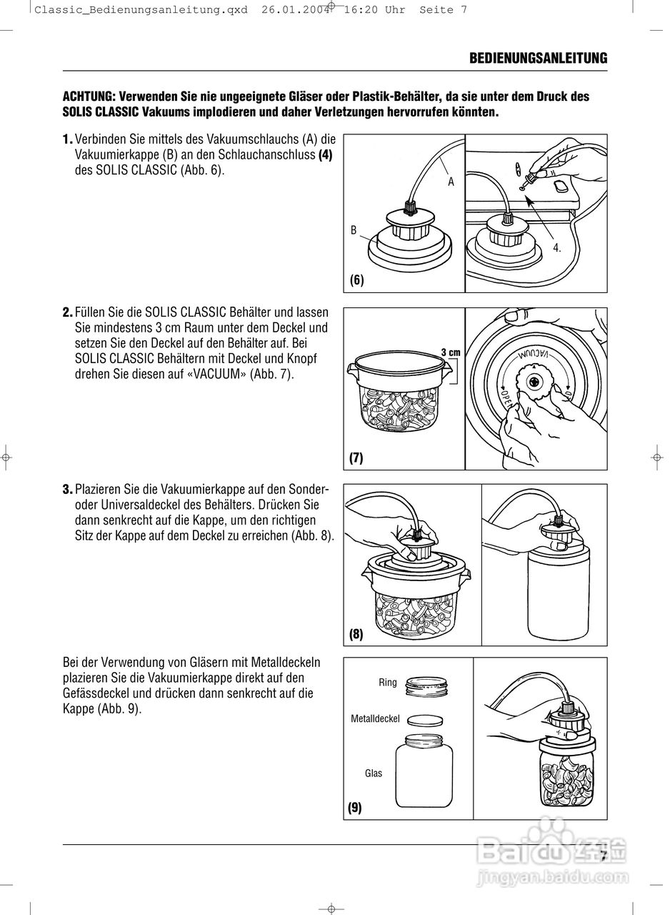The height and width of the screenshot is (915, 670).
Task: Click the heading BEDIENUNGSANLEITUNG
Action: [x=538, y=59]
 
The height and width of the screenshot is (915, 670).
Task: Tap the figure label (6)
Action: [x=357, y=280]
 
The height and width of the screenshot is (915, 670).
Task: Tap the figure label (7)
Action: [x=356, y=457]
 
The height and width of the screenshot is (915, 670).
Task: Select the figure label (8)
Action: [x=356, y=634]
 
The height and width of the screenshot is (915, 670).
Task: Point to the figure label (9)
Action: [x=355, y=808]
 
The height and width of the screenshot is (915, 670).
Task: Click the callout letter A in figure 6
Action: [x=451, y=182]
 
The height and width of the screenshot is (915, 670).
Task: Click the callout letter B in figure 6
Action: [x=354, y=230]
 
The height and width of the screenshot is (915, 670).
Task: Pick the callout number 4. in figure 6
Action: [x=557, y=248]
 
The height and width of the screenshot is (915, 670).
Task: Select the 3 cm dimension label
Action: [x=450, y=352]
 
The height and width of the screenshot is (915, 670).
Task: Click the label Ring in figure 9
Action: [x=388, y=683]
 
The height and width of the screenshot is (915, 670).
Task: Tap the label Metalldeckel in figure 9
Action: [x=375, y=718]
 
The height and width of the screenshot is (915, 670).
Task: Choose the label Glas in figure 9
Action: [x=374, y=773]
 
